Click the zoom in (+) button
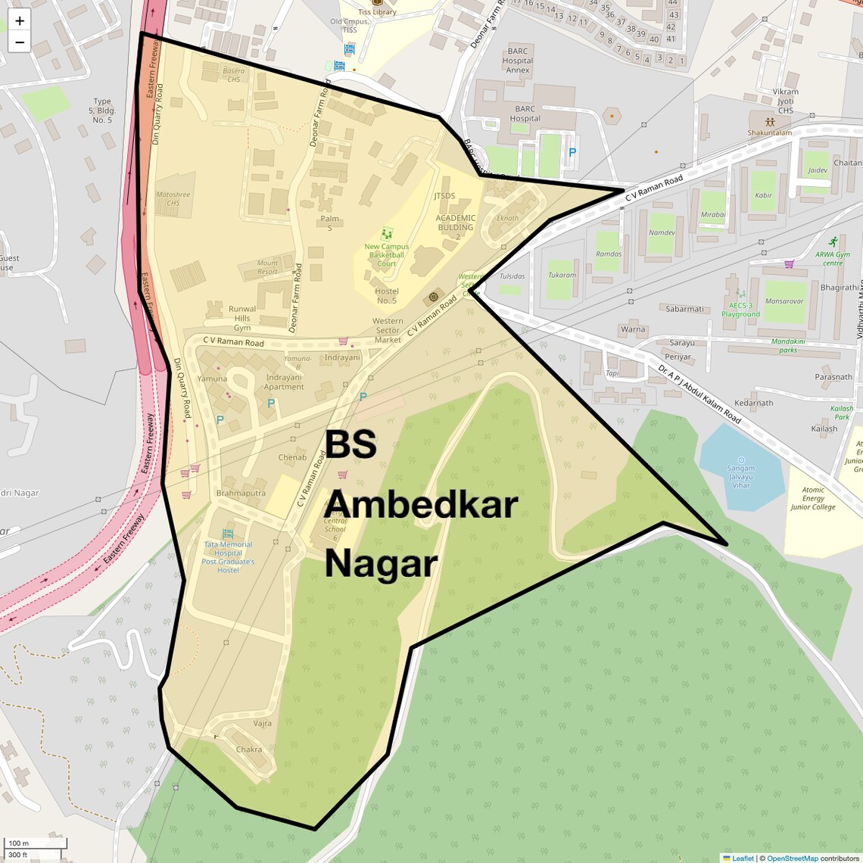(20, 21)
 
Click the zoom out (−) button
(20, 42)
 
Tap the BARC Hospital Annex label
(518, 61)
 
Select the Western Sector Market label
(388, 330)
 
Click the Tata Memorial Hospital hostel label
(228, 557)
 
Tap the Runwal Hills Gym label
(242, 318)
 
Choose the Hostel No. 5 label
(387, 296)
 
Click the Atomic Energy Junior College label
(813, 498)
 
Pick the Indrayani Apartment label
(284, 382)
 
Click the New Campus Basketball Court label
(387, 255)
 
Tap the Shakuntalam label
(770, 132)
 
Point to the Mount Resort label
(268, 267)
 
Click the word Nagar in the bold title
(382, 564)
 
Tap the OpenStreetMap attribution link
(792, 858)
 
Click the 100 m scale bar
(35, 843)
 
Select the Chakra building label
(249, 749)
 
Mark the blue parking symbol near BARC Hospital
(572, 152)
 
